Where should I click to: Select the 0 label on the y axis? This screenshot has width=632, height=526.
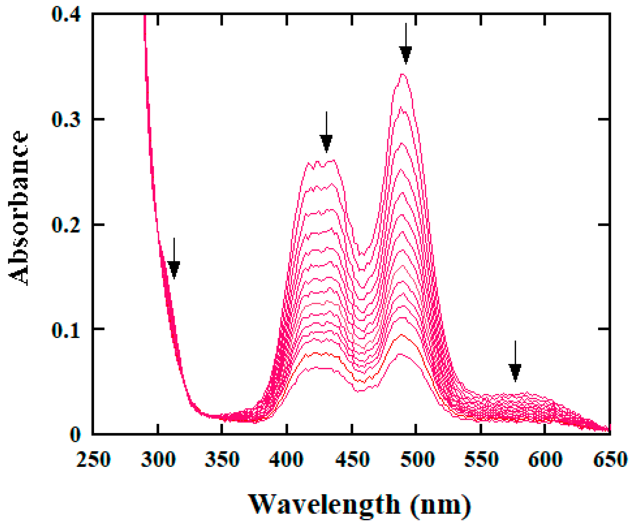click(75, 435)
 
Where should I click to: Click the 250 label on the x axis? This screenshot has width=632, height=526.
click(93, 459)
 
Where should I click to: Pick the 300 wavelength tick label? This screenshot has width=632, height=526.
click(158, 459)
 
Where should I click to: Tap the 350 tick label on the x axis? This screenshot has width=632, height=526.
click(222, 459)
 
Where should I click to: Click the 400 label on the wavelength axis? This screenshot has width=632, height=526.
click(286, 459)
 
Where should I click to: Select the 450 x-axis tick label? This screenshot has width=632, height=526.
click(352, 459)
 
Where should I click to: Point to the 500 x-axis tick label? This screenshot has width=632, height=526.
click(417, 459)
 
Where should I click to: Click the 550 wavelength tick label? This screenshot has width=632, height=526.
click(481, 459)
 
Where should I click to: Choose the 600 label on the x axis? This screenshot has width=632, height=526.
click(545, 459)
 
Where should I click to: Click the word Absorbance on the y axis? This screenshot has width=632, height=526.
click(19, 208)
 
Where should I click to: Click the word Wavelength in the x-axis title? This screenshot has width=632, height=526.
click(324, 505)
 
